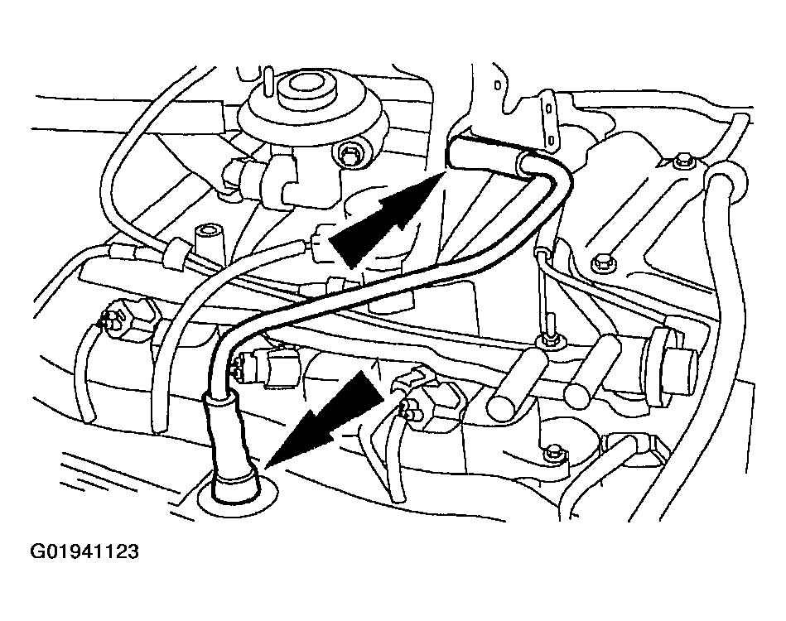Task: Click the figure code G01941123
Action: click(x=84, y=551)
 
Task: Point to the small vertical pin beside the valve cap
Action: click(x=270, y=82)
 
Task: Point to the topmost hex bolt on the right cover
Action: click(x=681, y=161)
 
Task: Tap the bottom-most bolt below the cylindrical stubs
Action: click(x=553, y=450)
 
